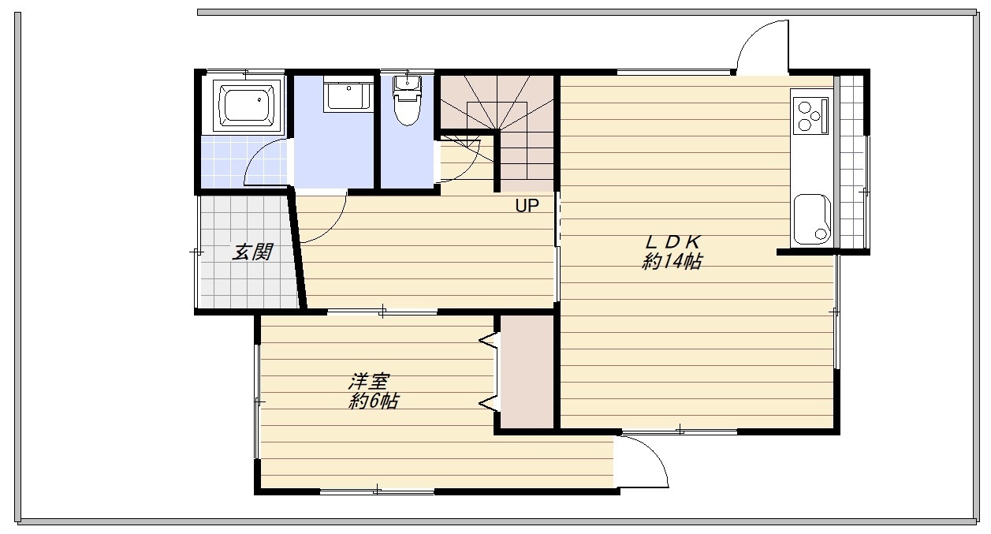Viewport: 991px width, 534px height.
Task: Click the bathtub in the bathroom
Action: pyautogui.click(x=247, y=106)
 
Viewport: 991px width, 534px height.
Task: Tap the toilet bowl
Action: pyautogui.click(x=408, y=109)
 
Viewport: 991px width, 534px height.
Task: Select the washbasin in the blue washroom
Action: pyautogui.click(x=348, y=93)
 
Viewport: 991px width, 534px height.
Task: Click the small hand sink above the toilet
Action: pyautogui.click(x=407, y=83)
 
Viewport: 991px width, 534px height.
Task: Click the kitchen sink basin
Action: pyautogui.click(x=812, y=218)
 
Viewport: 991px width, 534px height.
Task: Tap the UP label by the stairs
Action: pyautogui.click(x=527, y=206)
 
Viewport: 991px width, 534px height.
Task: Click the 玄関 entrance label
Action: pyautogui.click(x=252, y=252)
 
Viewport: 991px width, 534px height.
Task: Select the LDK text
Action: pyautogui.click(x=673, y=242)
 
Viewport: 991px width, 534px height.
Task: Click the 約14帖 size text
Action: pyautogui.click(x=672, y=262)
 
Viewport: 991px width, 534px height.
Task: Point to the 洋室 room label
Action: pyautogui.click(x=369, y=382)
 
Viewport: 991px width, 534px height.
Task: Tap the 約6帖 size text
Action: pyautogui.click(x=374, y=401)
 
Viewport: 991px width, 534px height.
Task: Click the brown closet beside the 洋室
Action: pyautogui.click(x=527, y=372)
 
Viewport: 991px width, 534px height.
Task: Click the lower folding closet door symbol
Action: pyautogui.click(x=488, y=403)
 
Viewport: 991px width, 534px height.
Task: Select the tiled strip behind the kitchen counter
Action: pyautogui.click(x=851, y=162)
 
